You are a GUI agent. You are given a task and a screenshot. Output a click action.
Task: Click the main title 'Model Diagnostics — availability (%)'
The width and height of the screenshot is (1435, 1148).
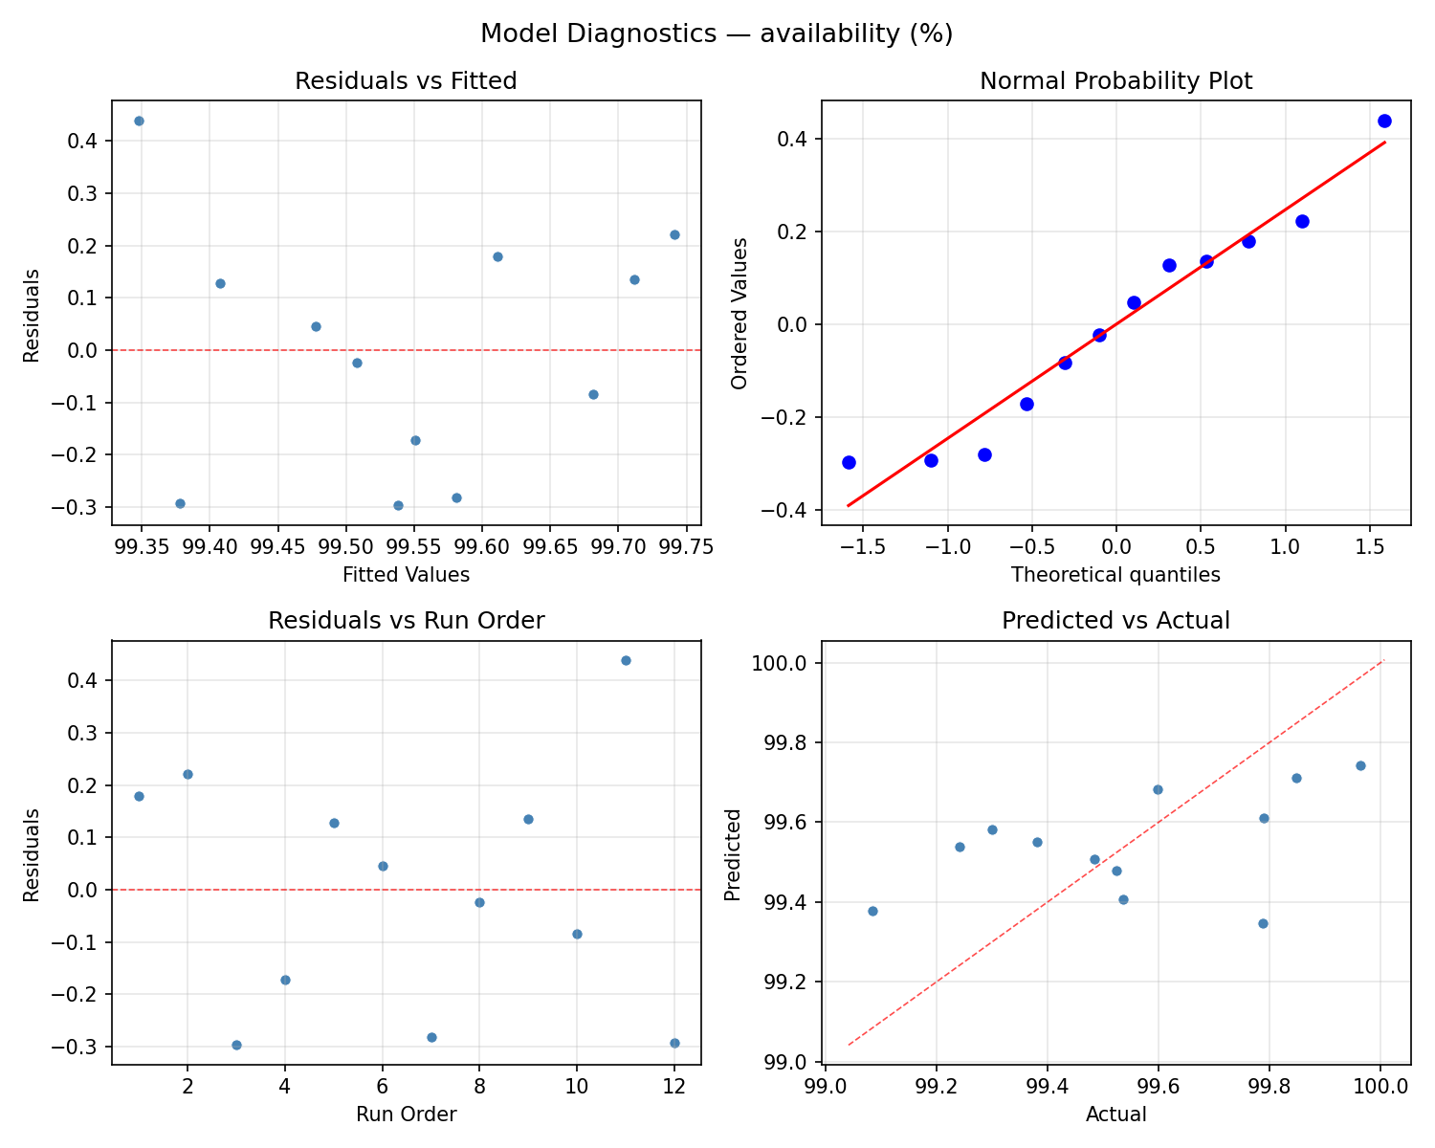pos(717,33)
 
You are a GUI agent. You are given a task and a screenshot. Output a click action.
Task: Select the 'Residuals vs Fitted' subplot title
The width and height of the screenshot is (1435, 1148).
pos(406,81)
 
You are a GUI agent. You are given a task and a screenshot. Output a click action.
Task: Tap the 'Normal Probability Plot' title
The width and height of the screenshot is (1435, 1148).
pos(1115,81)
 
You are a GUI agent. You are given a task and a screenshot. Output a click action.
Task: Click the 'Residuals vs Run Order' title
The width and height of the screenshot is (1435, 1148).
pos(406,621)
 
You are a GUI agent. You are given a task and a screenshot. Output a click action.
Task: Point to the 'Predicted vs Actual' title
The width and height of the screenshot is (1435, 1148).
pos(1115,621)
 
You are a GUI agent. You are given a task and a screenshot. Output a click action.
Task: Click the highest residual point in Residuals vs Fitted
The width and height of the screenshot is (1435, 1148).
pos(139,121)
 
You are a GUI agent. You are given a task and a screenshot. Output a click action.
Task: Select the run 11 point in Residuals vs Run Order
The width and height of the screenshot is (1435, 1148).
pos(626,660)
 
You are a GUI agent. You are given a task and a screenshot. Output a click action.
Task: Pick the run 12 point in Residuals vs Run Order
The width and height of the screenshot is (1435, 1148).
pos(674,1043)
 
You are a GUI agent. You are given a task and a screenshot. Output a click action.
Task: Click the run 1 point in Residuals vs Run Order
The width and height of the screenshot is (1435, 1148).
pos(139,796)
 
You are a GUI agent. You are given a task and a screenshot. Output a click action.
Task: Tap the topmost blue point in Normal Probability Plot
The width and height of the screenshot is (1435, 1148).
pos(1384,121)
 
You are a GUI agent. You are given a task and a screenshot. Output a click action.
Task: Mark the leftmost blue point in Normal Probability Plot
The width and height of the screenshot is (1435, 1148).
pos(849,462)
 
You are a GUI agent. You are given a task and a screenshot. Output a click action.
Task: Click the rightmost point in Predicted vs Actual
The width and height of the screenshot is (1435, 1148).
pos(1360,765)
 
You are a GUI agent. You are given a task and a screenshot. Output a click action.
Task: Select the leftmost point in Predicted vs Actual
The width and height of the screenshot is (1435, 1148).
pos(872,911)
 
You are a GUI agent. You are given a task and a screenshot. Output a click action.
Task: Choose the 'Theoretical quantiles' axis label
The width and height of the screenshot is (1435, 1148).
pos(1115,575)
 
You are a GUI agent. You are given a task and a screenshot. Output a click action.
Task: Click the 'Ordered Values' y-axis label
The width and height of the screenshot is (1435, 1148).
pos(739,313)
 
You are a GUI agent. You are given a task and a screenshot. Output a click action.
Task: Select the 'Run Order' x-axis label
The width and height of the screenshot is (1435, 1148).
pos(406,1115)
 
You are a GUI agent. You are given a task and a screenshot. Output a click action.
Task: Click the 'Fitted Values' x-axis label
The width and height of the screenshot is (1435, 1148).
pos(406,575)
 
